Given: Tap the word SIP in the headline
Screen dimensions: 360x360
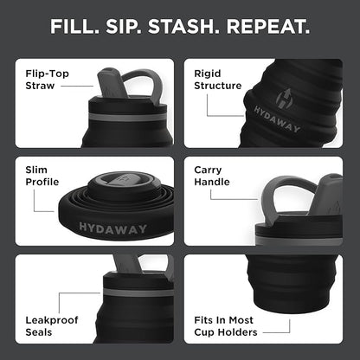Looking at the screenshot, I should click(x=132, y=26).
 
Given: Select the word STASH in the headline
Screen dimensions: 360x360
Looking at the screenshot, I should click(x=192, y=26).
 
